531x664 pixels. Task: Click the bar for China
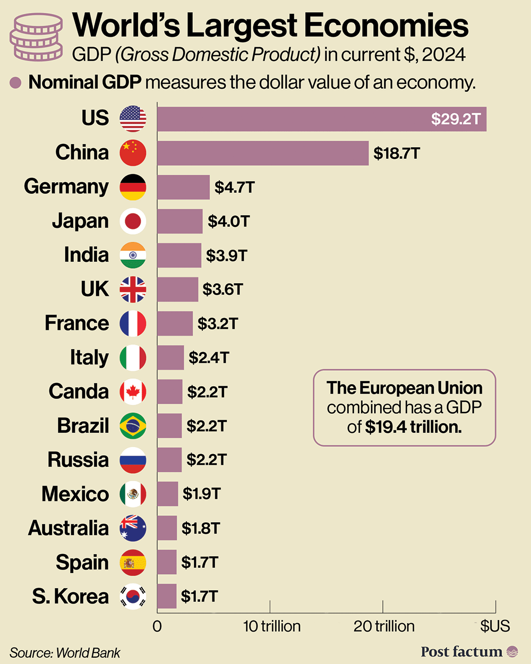coord(263,153)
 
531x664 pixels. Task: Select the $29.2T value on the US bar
coord(456,119)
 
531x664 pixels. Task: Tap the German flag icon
coord(133,187)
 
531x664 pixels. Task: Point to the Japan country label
coord(80,221)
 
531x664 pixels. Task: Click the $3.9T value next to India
coord(227,256)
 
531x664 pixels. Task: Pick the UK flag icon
coord(133,290)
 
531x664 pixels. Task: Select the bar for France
coord(175,324)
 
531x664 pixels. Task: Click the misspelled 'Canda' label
coord(79,391)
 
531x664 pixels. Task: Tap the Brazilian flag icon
coord(133,426)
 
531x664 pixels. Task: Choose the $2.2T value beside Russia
coord(207,460)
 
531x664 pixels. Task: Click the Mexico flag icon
coord(133,494)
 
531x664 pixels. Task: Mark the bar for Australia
coord(167,528)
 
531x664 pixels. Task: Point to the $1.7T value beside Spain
coord(200,562)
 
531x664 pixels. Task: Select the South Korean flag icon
coord(133,597)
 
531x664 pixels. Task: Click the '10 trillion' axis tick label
coord(271,626)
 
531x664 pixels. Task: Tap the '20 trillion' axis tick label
coord(384,626)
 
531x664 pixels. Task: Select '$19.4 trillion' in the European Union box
coord(413,427)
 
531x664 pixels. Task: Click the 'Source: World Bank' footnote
coord(65,653)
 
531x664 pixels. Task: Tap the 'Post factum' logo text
coord(461,652)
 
